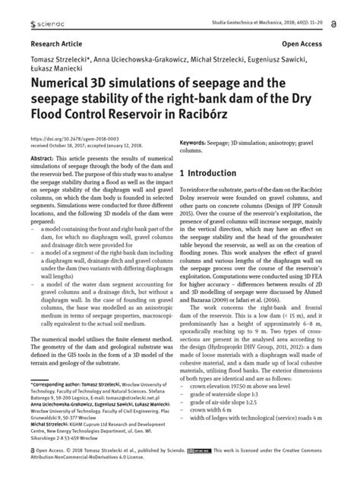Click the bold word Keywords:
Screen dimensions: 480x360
[x=198, y=141]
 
